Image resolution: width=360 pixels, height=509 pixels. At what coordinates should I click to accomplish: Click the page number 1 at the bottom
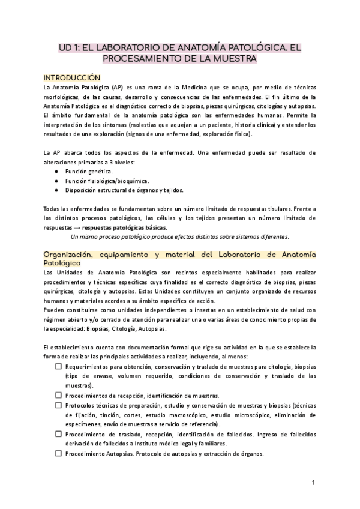pos(314,482)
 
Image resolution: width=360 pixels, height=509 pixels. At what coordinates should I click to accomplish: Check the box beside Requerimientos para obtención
pos(58,366)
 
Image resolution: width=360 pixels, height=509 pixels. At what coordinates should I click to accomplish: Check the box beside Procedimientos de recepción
pos(58,395)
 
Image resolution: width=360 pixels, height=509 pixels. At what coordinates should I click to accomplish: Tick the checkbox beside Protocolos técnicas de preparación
pos(58,405)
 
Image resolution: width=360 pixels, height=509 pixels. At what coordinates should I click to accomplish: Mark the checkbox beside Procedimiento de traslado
pos(58,434)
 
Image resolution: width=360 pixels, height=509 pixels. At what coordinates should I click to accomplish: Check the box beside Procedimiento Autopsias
pos(58,453)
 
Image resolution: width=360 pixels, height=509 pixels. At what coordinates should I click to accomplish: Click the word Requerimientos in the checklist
pos(91,366)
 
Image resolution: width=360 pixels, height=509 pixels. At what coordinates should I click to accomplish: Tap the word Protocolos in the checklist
pos(80,405)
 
